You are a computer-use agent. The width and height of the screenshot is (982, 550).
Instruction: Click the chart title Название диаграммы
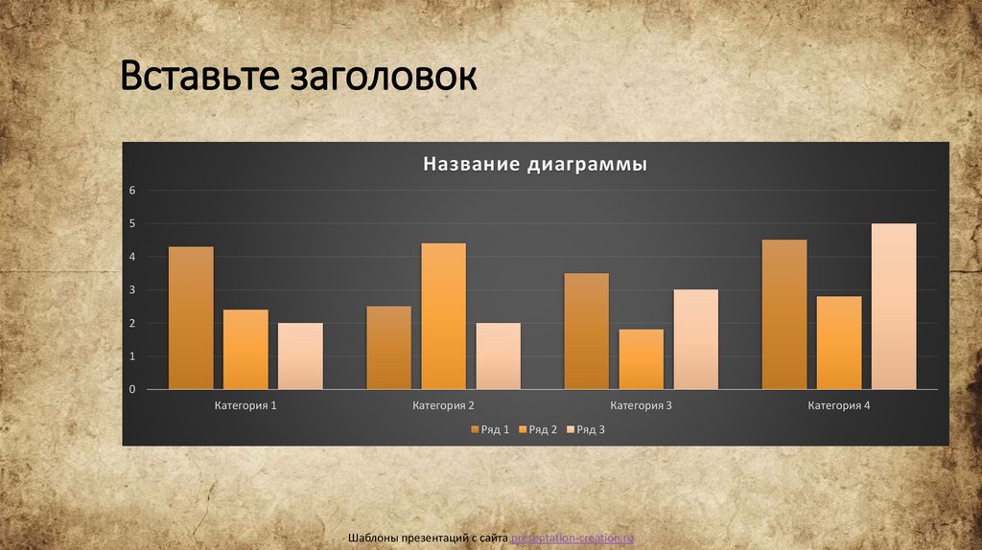coord(535,165)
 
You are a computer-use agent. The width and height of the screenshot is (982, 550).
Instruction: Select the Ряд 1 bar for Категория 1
coord(191,318)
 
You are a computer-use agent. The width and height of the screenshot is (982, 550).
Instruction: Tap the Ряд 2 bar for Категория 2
coord(443,316)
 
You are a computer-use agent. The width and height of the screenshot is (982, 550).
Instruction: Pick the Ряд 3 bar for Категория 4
coord(893,307)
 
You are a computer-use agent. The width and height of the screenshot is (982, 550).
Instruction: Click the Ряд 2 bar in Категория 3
coord(641,359)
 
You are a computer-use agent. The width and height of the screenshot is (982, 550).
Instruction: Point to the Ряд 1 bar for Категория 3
coord(586,332)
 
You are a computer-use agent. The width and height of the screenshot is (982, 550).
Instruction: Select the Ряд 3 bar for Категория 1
coord(300,356)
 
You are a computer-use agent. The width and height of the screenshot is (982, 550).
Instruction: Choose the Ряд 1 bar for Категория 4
coord(784,314)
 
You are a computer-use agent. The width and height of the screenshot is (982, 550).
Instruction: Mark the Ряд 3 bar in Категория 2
coord(498,356)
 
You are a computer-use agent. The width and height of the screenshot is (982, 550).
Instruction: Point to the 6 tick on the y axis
coord(133,191)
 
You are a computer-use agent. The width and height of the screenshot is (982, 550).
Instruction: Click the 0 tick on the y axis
coord(133,390)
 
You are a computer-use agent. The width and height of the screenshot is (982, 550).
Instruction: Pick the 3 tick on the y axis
coord(133,290)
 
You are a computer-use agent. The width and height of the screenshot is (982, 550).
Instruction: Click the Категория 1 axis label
coord(245,406)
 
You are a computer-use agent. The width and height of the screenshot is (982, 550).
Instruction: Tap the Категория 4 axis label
coord(839,406)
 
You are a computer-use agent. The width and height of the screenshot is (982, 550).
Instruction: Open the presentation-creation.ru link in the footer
coord(573,539)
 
